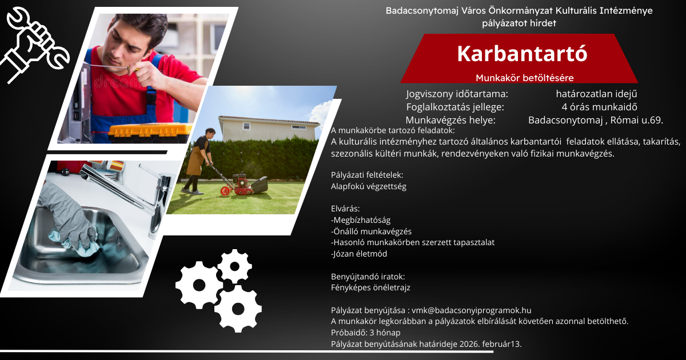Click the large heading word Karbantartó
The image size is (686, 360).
coord(522,54)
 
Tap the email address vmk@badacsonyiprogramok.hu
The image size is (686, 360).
coord(471,310)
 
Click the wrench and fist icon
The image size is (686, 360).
coord(35,45)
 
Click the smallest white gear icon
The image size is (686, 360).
coord(234,266)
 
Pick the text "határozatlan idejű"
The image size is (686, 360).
coord(597,94)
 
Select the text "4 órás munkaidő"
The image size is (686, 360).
coord(599,107)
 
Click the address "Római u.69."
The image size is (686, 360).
coord(637,120)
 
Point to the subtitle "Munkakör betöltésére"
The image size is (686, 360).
coord(525,78)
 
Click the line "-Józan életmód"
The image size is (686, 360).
coord(359,254)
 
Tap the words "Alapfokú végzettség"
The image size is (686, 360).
coord(369,186)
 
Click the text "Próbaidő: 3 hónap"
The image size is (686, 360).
coord(366,333)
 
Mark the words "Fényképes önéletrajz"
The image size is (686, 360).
coord(370,288)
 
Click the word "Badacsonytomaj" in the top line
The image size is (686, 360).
coord(422,11)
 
